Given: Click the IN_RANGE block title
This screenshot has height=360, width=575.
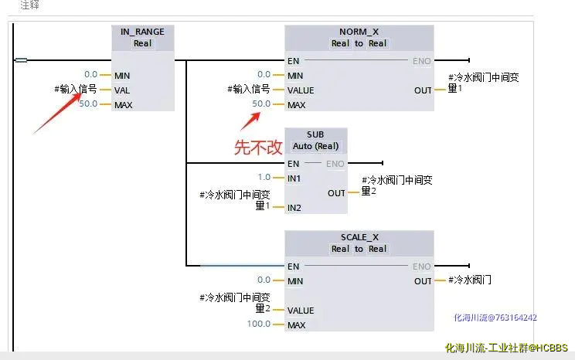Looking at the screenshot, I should [x=143, y=32].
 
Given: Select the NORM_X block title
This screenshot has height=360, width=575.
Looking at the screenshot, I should [x=359, y=32].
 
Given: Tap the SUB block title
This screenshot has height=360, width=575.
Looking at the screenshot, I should [x=315, y=134].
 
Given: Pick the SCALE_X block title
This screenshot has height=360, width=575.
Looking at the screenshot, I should [x=359, y=237].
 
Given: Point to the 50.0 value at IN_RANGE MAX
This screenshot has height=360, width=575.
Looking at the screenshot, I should [x=88, y=104].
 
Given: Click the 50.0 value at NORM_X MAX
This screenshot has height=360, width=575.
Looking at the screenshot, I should [x=261, y=104].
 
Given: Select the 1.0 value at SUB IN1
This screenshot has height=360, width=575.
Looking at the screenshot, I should [x=264, y=178].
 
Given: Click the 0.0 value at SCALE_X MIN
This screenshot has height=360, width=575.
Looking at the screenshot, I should [x=264, y=280].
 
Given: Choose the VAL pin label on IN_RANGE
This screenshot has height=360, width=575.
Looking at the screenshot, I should [x=122, y=90].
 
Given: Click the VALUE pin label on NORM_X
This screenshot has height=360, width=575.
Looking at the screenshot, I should [x=301, y=90].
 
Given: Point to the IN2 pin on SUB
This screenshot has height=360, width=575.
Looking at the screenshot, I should [x=294, y=207].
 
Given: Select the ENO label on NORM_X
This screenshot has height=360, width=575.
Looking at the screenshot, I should [x=421, y=61].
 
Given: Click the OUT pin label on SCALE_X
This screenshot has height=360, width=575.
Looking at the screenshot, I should [x=423, y=281].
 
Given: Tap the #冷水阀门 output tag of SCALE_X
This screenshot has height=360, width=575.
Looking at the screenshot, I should [x=470, y=280].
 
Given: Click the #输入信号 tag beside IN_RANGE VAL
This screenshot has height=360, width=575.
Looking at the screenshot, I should [x=76, y=90].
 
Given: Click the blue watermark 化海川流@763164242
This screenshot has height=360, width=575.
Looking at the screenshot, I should [x=495, y=317].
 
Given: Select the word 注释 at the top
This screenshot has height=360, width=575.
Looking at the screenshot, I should [x=29, y=5].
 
